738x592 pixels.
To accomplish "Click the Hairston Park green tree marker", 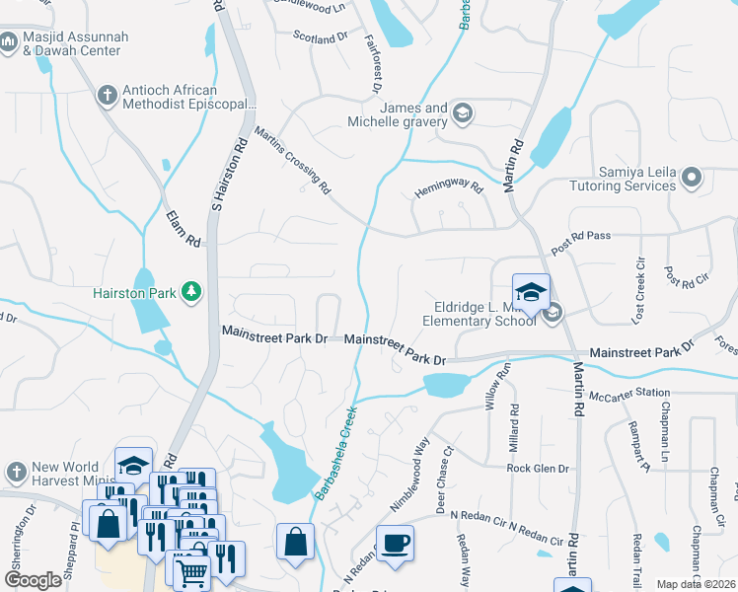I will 190,291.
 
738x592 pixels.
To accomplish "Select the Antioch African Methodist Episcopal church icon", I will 107,96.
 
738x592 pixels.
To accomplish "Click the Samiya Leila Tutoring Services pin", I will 692,179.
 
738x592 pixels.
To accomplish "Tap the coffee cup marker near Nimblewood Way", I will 395,544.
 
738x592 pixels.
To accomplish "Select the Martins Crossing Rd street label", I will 291,160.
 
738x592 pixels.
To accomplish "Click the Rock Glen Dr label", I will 539,469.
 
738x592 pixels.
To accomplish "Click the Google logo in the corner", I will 34,580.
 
